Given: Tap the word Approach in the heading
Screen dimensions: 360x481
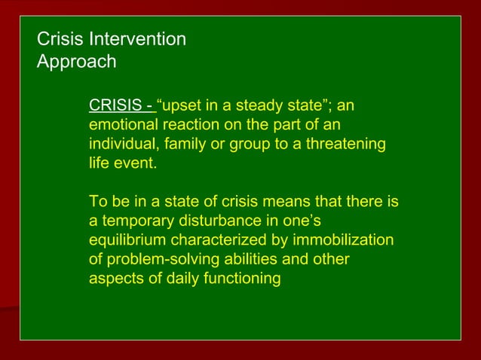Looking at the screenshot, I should click(77, 62).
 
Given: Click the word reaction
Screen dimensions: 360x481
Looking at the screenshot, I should click(183, 124).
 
